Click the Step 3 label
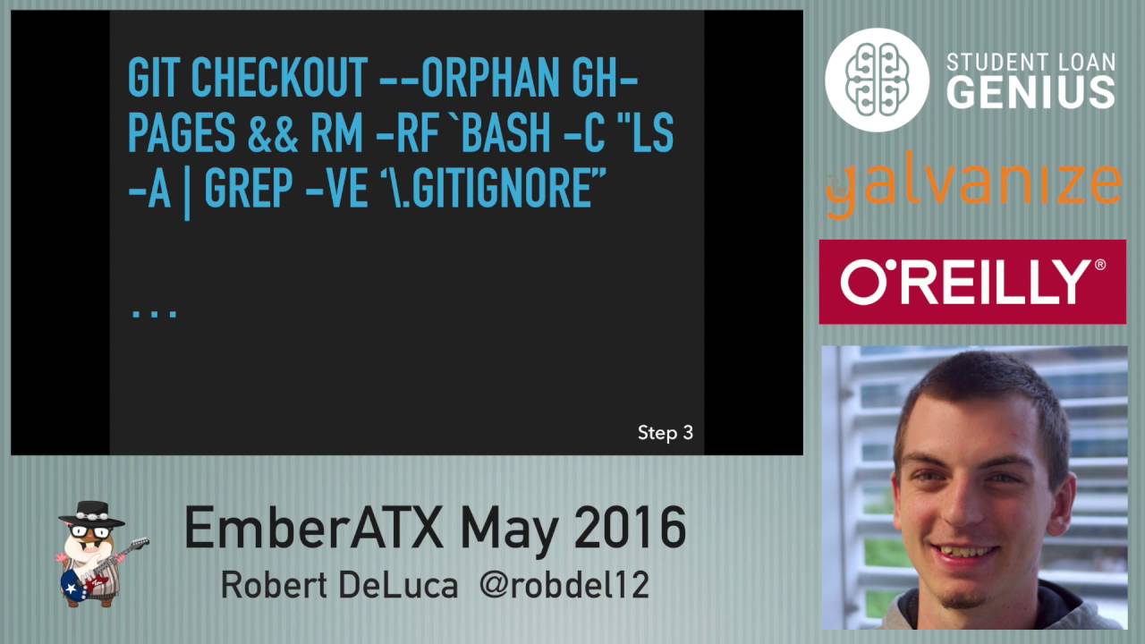tap(665, 433)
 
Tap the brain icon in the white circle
tap(877, 80)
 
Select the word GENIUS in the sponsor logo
tap(1030, 92)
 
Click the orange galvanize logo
tap(972, 186)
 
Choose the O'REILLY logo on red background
tap(972, 282)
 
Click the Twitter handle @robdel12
tap(564, 586)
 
